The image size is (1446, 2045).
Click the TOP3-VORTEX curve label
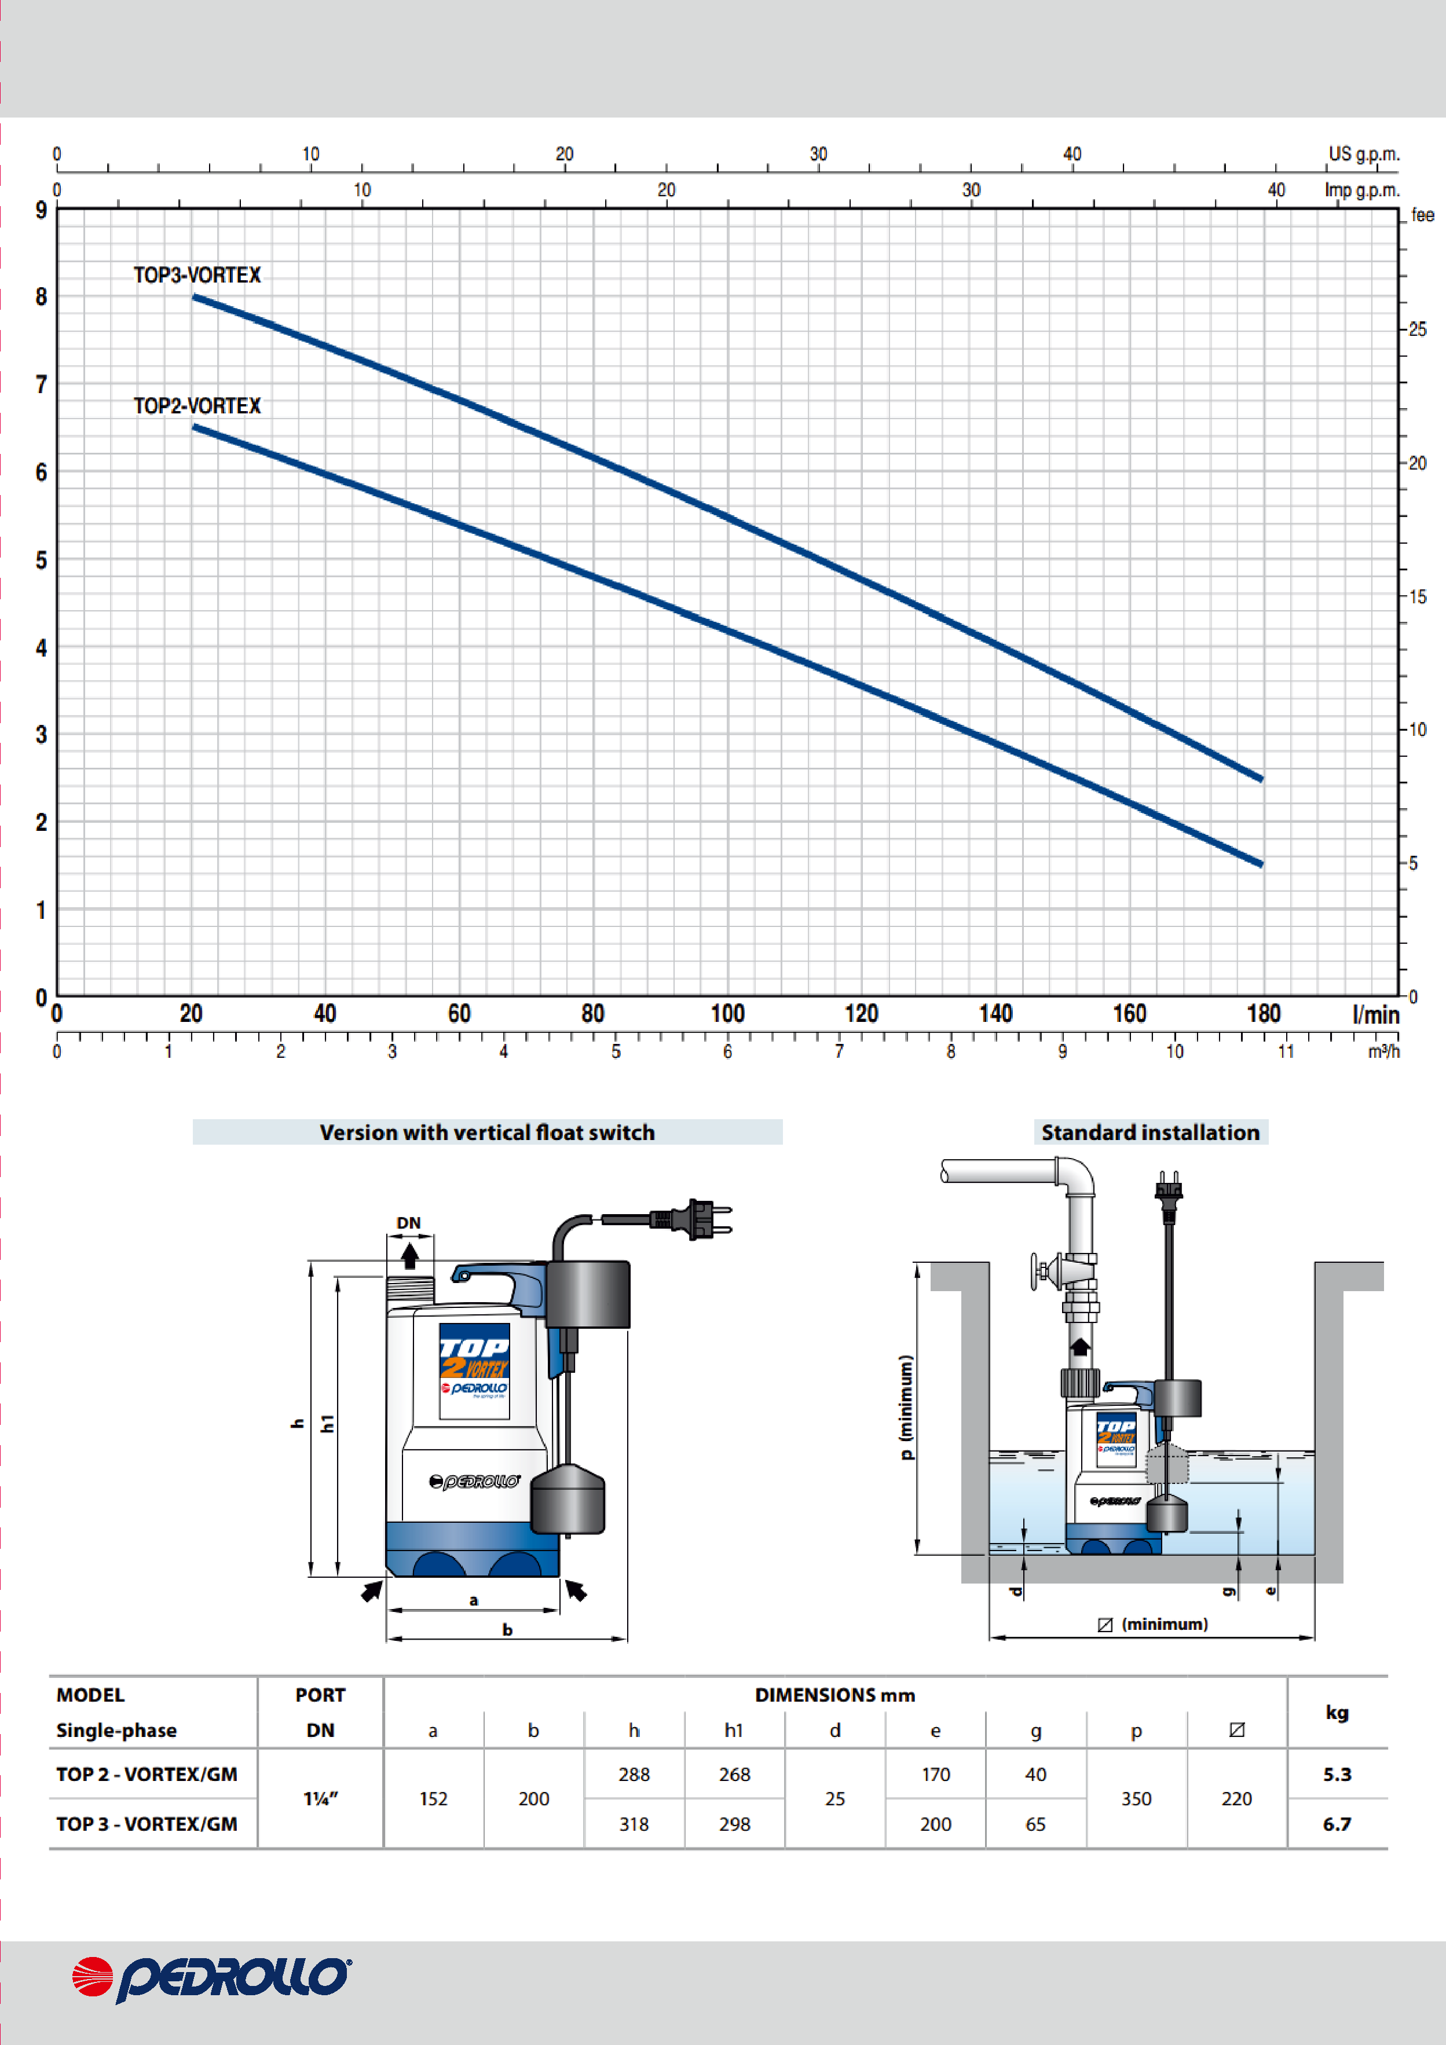197,275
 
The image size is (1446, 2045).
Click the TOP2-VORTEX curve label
197,406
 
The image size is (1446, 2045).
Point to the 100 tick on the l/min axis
727,1014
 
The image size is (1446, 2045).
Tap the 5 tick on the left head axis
41,560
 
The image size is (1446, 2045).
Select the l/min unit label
1375,1014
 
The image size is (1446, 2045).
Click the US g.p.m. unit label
1364,154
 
